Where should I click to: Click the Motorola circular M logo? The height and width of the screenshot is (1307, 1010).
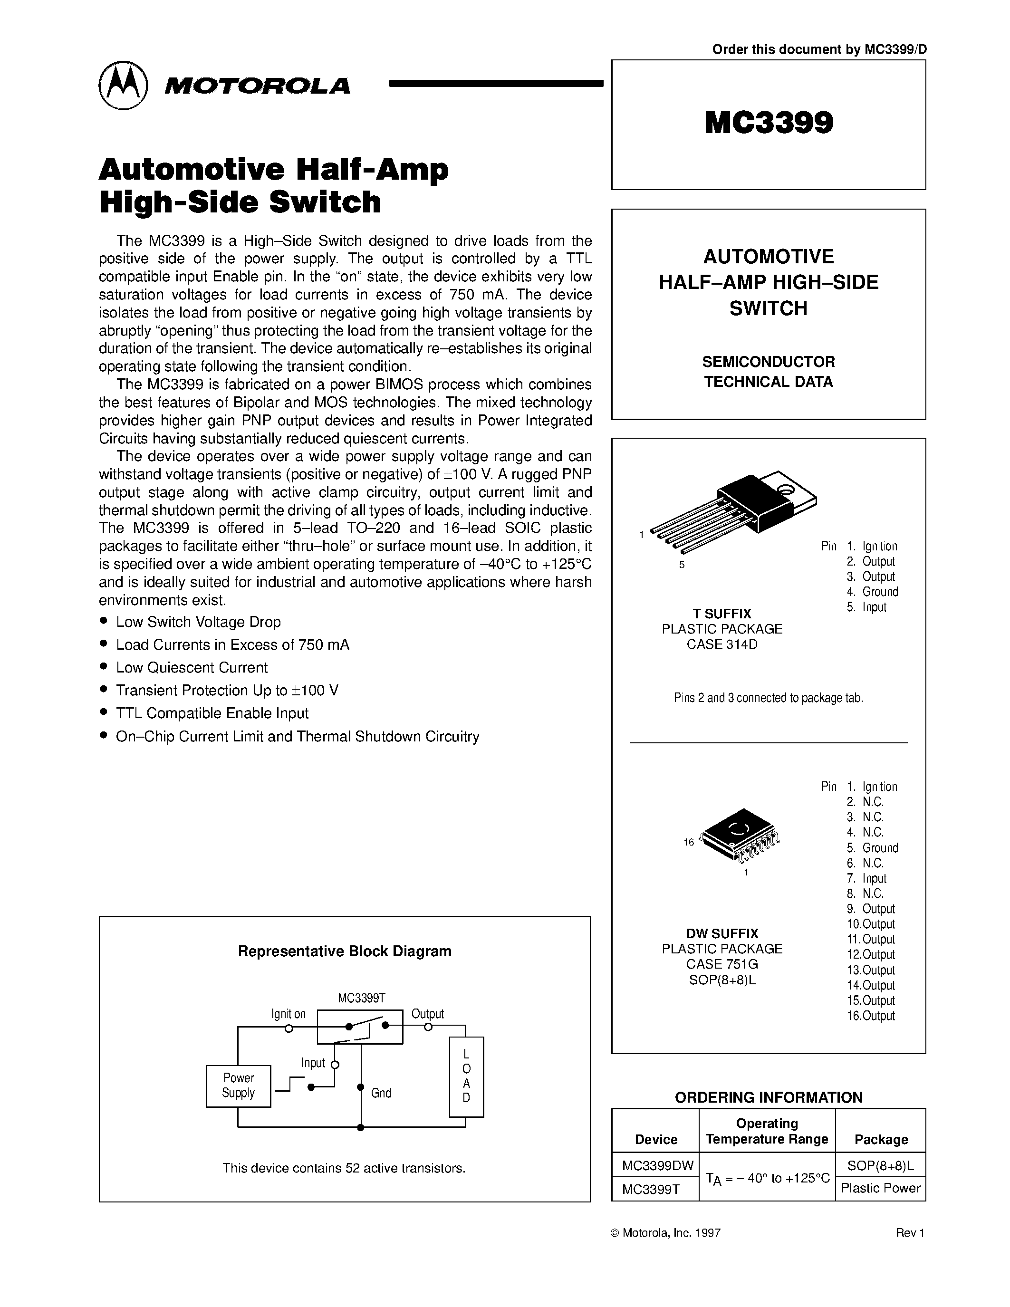click(123, 85)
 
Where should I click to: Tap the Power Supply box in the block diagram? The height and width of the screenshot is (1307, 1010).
click(238, 1086)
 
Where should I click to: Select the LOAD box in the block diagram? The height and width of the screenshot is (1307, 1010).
click(466, 1076)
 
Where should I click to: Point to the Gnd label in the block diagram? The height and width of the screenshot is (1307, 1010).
click(381, 1093)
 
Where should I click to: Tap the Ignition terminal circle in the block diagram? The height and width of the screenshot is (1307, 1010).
click(289, 1028)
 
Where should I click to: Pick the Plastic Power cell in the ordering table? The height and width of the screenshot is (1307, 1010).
click(880, 1188)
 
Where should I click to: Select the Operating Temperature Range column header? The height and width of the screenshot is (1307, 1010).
click(767, 1131)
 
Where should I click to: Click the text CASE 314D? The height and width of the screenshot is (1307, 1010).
click(721, 644)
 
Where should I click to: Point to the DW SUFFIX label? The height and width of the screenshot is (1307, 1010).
click(721, 933)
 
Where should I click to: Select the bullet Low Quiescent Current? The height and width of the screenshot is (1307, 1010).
click(192, 667)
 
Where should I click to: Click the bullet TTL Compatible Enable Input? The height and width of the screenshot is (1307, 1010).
click(212, 713)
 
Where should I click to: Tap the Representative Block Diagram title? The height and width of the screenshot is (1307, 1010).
click(345, 951)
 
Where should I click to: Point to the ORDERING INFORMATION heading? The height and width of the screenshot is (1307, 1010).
click(768, 1097)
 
